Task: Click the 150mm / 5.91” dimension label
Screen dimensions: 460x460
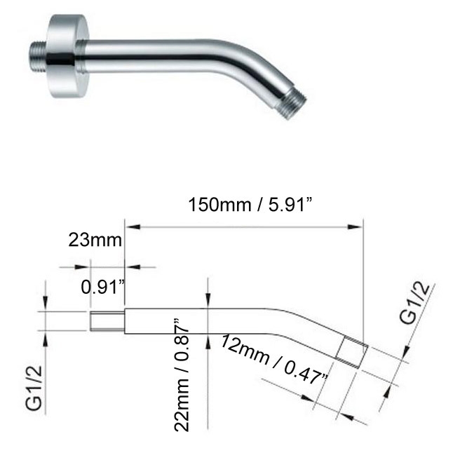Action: click(x=250, y=205)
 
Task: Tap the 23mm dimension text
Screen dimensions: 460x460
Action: click(x=95, y=241)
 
